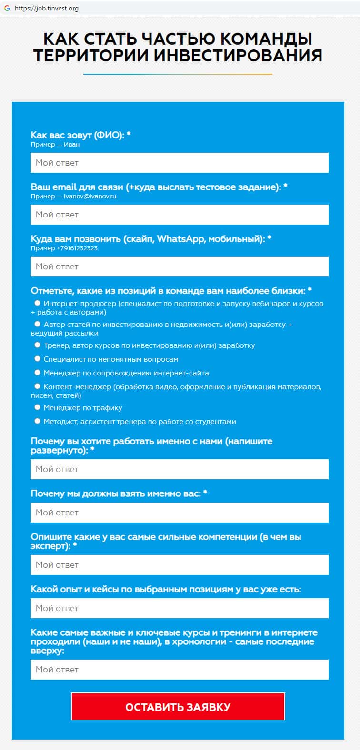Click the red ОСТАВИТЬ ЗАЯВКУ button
(178, 707)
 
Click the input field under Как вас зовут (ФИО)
(180, 163)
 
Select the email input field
(180, 215)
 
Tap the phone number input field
(180, 266)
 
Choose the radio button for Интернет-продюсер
(38, 303)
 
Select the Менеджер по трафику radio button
(38, 407)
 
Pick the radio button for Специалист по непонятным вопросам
(38, 359)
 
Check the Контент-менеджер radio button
(38, 386)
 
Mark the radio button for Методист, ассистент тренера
(38, 421)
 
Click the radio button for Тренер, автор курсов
(38, 345)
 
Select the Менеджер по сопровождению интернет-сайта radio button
(38, 373)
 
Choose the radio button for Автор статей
(38, 324)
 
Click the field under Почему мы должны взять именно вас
(180, 513)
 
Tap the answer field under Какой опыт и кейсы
(180, 608)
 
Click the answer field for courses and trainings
(180, 670)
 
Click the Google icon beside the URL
(7, 8)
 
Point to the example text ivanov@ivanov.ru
(90, 196)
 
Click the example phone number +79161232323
(77, 248)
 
